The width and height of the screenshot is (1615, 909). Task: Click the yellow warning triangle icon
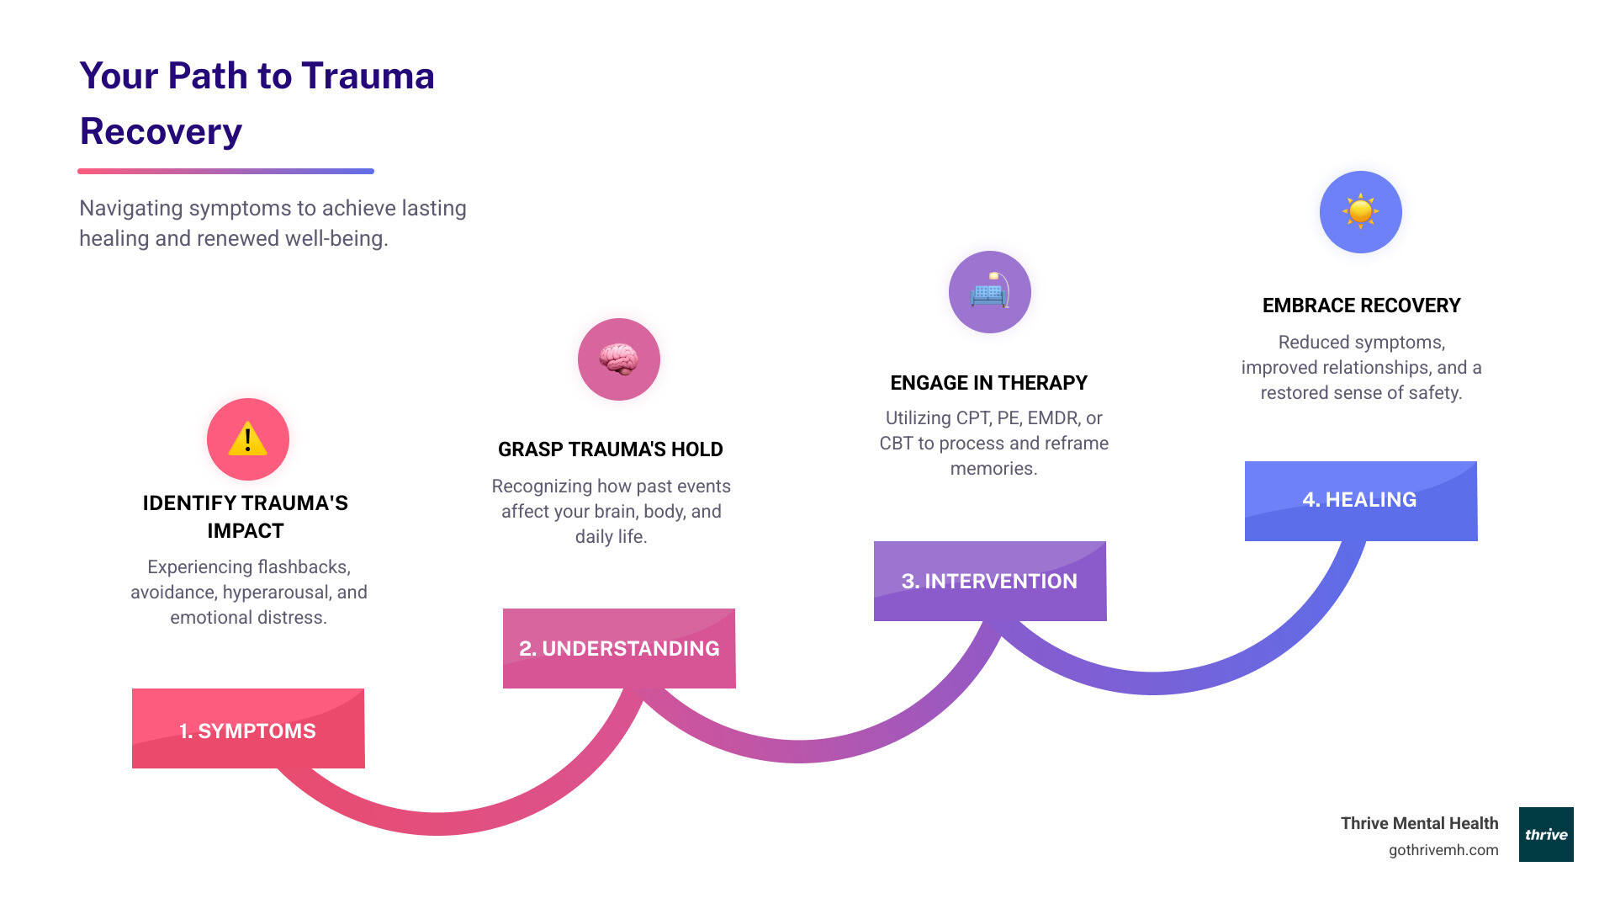click(247, 439)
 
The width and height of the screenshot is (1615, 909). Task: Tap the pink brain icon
click(618, 359)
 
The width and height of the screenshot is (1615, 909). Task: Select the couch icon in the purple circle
click(989, 292)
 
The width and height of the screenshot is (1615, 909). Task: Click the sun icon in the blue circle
click(1360, 211)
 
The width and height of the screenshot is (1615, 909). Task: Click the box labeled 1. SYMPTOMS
click(248, 729)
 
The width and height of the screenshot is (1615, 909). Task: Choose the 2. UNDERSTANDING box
click(619, 648)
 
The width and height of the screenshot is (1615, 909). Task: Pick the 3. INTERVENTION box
click(990, 581)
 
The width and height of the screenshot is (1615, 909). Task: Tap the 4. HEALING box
click(1360, 500)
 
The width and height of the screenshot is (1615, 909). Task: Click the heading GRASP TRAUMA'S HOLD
click(610, 449)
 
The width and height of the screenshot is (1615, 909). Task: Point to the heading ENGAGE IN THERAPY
click(988, 383)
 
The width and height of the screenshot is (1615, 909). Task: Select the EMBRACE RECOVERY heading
click(1361, 306)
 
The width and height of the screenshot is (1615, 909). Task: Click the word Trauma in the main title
click(368, 77)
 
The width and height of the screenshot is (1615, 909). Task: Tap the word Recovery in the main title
click(161, 132)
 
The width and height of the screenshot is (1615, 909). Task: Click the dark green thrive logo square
click(1545, 834)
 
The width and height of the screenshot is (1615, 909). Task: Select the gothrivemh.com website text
click(1443, 850)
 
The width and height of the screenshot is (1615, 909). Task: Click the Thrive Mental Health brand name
click(1419, 823)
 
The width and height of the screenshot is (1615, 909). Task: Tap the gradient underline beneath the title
click(225, 171)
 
